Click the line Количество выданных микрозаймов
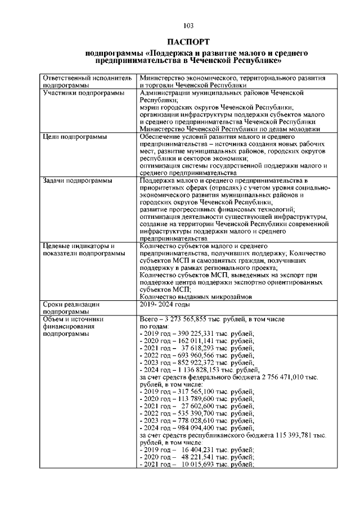coord(195,296)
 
